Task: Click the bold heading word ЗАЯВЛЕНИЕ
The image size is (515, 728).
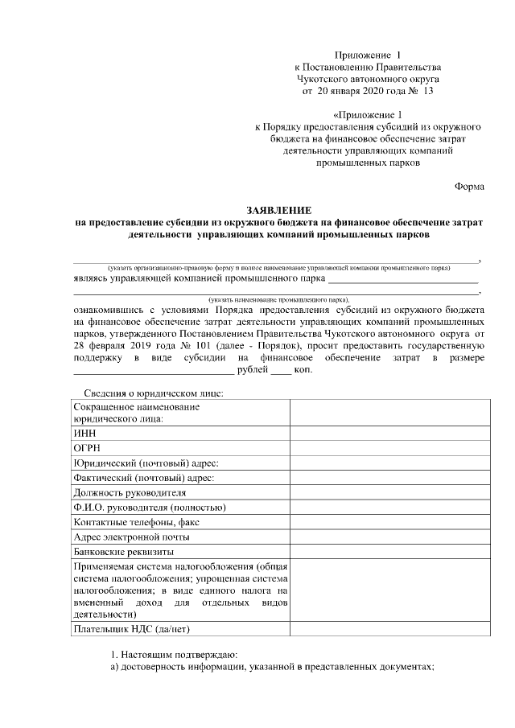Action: point(279,209)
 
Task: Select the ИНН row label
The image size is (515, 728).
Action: point(84,433)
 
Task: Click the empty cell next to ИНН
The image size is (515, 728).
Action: point(389,433)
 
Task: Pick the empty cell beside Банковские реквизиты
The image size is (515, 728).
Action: point(389,552)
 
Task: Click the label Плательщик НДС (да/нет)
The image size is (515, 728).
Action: point(130,628)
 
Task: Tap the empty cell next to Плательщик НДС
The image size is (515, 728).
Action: point(389,628)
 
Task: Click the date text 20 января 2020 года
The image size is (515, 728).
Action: point(363,92)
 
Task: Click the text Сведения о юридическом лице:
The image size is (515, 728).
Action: point(153,393)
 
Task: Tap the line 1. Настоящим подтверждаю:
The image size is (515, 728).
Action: point(174,653)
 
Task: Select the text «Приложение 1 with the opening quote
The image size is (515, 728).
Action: point(367,114)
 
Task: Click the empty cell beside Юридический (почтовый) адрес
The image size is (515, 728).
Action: point(389,463)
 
